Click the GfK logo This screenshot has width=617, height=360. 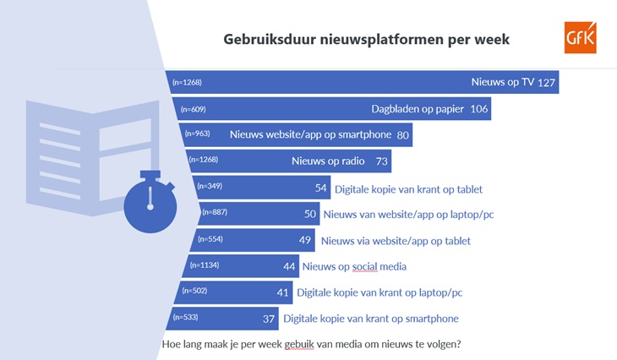[x=581, y=37]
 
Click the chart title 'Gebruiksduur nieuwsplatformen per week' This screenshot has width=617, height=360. [x=366, y=40]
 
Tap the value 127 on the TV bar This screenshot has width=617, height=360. [x=546, y=83]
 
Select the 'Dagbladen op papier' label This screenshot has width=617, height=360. [x=418, y=109]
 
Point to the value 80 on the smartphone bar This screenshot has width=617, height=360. [x=402, y=135]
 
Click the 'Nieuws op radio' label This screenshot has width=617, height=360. [x=328, y=161]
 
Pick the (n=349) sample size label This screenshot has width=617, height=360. [x=210, y=186]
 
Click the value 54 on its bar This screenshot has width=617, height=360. [x=320, y=188]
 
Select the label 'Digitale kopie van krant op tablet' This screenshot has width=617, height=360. [x=408, y=189]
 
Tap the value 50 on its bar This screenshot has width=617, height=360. [x=310, y=214]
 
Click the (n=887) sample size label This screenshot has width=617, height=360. [x=215, y=212]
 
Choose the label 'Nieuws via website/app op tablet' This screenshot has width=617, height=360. [x=396, y=241]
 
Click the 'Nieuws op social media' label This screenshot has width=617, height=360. [x=354, y=267]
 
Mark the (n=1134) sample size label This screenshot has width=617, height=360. [x=205, y=265]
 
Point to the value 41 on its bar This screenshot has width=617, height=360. [x=282, y=292]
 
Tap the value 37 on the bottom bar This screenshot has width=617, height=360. [x=269, y=319]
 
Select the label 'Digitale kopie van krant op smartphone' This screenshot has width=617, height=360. [x=371, y=319]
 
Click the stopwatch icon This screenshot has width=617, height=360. [x=150, y=201]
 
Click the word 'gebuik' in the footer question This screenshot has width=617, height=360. [x=299, y=345]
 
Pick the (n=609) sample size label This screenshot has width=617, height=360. [x=194, y=109]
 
